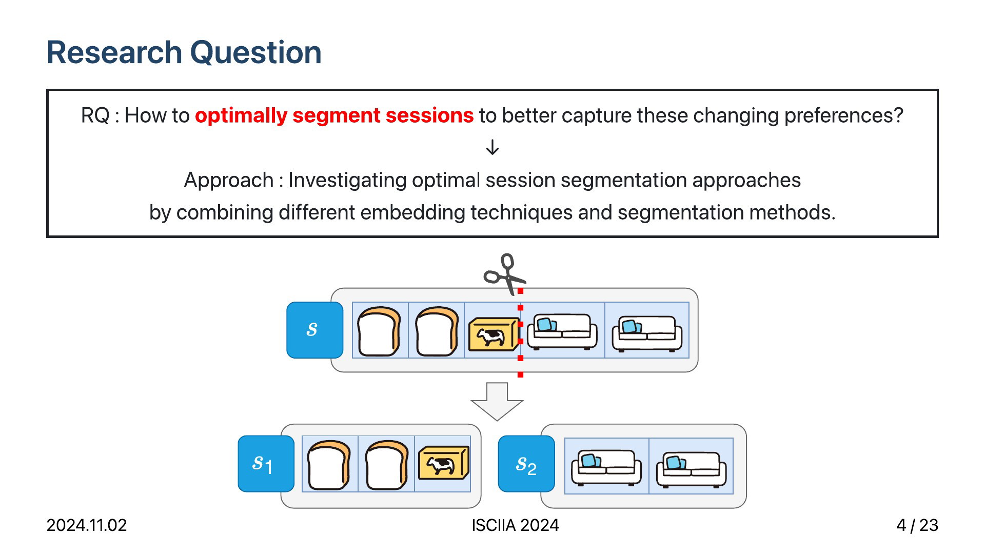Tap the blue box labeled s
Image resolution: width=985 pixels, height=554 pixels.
[x=315, y=330]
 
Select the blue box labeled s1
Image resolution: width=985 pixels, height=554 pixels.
[x=266, y=464]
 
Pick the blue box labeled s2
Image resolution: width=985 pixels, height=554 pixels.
[x=526, y=464]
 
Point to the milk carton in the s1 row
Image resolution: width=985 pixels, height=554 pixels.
[x=444, y=463]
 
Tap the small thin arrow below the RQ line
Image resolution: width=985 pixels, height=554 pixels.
[x=493, y=147]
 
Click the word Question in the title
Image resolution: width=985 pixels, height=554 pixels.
[x=255, y=53]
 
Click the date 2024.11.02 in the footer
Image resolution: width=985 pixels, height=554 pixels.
[x=87, y=525]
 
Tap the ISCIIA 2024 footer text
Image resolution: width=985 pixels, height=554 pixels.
[x=515, y=525]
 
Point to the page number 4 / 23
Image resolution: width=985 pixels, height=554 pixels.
[x=917, y=525]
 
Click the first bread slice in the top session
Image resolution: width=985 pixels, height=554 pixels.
[x=379, y=331]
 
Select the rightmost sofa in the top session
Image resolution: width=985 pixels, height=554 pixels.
[x=647, y=334]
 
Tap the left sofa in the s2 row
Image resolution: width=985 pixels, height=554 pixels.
[x=606, y=468]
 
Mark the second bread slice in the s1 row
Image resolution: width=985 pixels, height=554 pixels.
[x=387, y=465]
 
